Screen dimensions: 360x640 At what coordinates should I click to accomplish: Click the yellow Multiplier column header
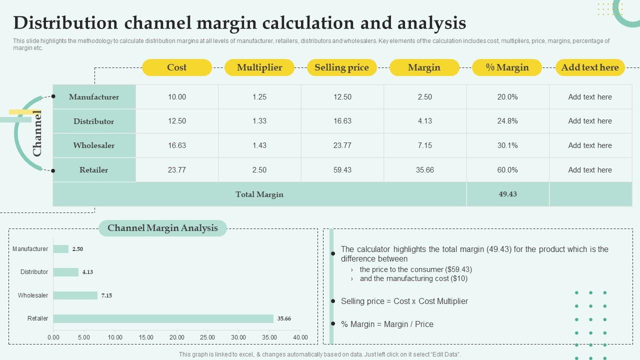coord(259,67)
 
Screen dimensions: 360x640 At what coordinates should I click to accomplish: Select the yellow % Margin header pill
coord(507,67)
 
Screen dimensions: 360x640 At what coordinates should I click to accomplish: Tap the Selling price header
coord(341,67)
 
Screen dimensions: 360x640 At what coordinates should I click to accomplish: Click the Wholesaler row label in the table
coord(94,145)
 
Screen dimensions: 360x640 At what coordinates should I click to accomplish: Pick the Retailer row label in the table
coord(94,170)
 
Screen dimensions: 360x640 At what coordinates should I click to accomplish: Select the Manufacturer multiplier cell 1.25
coord(259,97)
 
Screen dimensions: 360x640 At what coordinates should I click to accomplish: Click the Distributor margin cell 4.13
coord(424,121)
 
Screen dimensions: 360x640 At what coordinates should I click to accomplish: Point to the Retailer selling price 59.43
coord(342,170)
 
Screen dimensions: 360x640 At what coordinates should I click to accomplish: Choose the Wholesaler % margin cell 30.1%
coord(507,145)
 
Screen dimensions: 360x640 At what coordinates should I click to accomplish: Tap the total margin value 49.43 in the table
coord(507,194)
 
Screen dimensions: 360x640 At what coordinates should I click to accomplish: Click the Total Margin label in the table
coord(259,194)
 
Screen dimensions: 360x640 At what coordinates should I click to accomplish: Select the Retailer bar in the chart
coord(163,318)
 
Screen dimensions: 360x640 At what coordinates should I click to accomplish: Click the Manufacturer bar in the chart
coord(61,249)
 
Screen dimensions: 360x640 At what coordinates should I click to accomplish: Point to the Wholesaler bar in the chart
coord(75,295)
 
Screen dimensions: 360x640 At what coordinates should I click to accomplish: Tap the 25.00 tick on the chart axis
coord(207,337)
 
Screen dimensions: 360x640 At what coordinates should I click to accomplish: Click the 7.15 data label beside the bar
coord(106,295)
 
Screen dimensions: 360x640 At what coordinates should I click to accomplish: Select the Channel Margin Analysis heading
coord(162,228)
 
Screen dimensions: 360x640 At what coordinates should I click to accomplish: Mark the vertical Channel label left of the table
coord(37,133)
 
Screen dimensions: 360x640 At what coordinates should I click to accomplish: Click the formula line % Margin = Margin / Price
coord(387,324)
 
